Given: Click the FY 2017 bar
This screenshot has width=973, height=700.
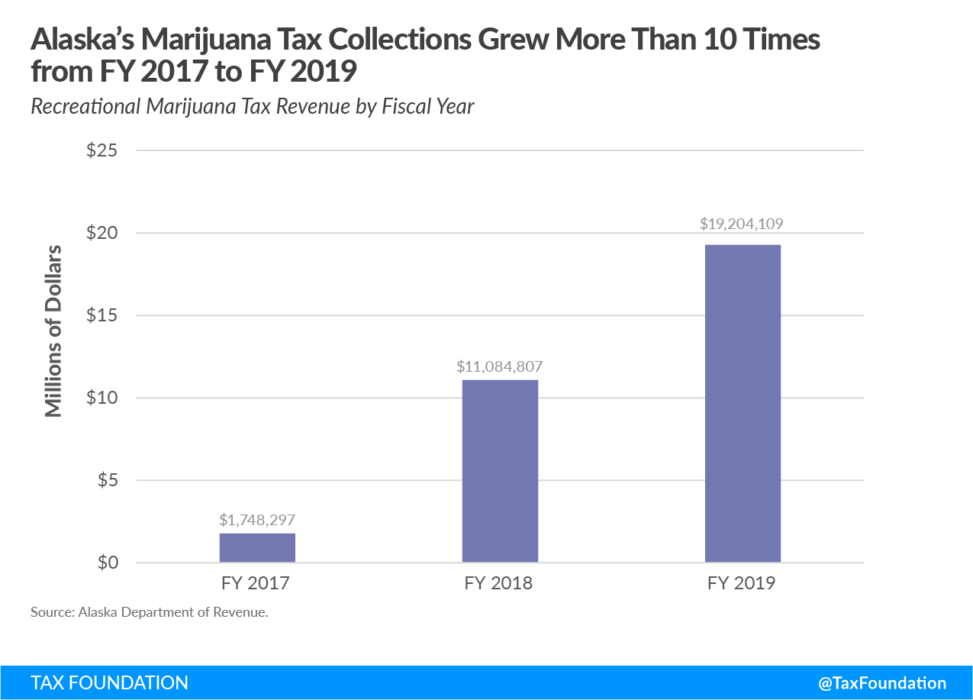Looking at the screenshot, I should (257, 548).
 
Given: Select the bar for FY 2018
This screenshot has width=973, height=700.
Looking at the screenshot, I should (500, 471).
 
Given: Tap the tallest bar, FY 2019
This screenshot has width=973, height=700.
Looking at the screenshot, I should (743, 403).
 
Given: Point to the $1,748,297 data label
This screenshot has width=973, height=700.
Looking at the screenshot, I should (257, 520).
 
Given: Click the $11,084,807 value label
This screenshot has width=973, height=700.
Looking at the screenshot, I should (500, 366).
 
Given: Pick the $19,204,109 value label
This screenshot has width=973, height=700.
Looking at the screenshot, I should (742, 224).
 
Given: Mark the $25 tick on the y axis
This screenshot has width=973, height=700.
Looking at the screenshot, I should (101, 150).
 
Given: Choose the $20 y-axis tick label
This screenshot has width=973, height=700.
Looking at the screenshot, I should (101, 233).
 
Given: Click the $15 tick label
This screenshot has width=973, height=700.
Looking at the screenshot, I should (101, 315).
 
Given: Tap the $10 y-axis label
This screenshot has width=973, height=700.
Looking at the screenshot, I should (101, 398).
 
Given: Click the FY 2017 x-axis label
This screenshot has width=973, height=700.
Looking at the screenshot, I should (256, 584).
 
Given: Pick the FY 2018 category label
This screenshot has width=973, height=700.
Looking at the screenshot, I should (499, 584).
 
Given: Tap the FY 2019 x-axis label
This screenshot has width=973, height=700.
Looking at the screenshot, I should (742, 584).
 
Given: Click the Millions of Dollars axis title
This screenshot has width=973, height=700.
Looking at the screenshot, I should (53, 330).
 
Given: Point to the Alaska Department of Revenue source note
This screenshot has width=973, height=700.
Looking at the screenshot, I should (150, 612).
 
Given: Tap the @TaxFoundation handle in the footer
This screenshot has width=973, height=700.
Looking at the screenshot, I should (881, 683).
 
